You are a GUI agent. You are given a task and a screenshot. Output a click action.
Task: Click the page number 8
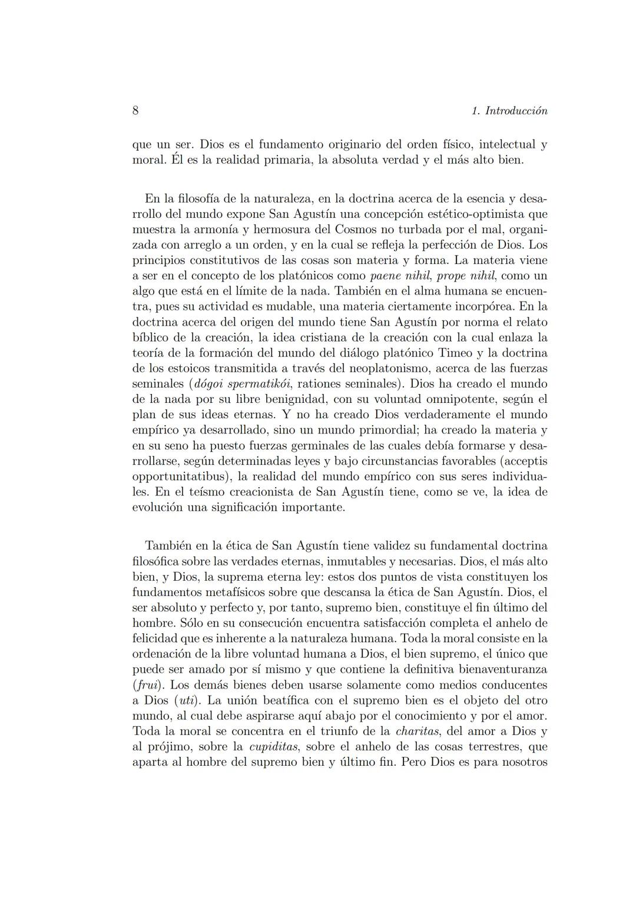[135, 111]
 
